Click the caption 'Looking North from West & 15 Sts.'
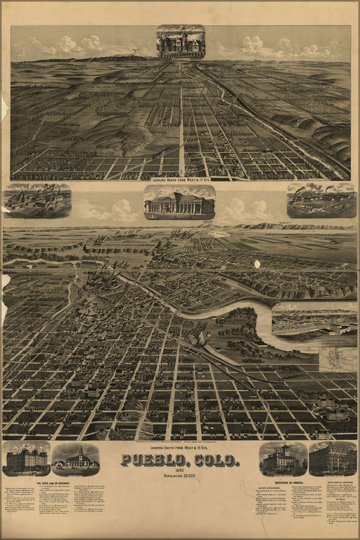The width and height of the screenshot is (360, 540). [180, 171]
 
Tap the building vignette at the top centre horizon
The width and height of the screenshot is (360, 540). [181, 41]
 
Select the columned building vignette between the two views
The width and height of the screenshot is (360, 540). [179, 202]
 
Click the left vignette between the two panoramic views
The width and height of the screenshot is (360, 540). [37, 200]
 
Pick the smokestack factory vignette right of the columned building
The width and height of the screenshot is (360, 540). [321, 201]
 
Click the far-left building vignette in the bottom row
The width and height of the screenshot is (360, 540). [26, 459]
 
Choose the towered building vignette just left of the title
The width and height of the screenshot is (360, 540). [76, 459]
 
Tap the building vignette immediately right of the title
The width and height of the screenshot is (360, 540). [283, 459]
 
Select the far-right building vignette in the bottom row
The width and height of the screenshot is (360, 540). [333, 459]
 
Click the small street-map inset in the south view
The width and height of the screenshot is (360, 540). [337, 359]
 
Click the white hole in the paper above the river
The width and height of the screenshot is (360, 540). [257, 264]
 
